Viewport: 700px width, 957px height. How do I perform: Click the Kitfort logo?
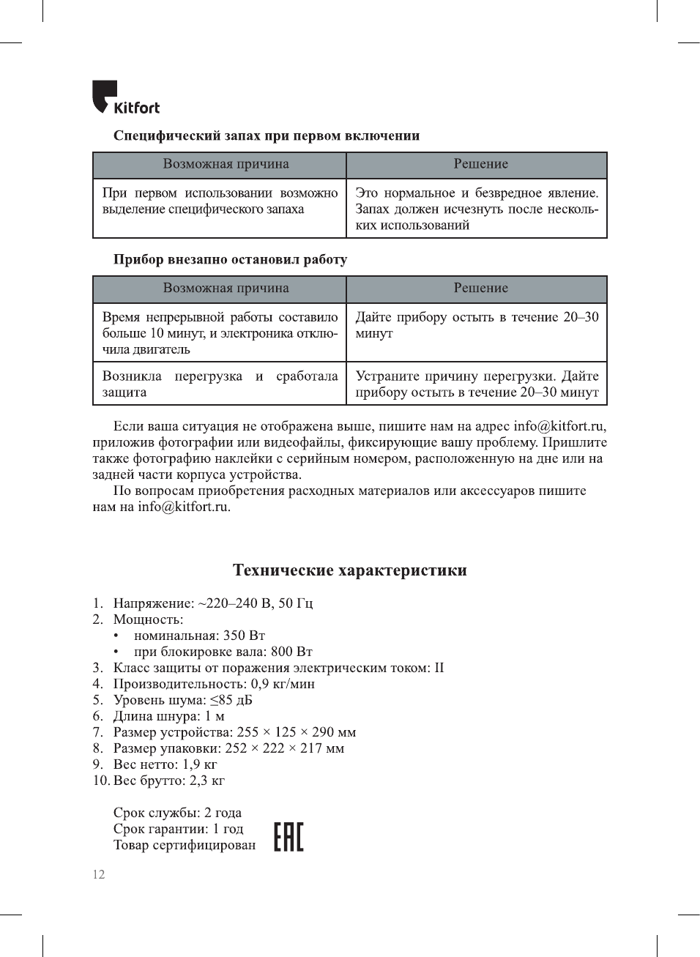click(125, 98)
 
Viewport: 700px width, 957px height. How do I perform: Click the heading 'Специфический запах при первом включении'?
click(266, 136)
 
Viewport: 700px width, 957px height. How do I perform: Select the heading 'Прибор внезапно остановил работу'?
click(230, 260)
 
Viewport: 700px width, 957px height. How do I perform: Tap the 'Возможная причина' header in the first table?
click(226, 165)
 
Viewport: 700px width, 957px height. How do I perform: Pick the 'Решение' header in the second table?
click(480, 288)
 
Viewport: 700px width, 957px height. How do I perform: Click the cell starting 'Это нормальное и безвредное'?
click(477, 209)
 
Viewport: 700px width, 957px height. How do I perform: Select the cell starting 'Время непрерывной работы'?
click(220, 333)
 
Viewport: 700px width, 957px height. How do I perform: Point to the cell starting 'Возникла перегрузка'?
click(220, 384)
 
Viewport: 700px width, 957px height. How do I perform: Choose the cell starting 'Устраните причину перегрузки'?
click(477, 384)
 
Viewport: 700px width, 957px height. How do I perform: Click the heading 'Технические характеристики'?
click(350, 570)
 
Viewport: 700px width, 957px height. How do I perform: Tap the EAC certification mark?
click(288, 836)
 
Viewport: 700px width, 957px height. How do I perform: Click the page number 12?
click(99, 874)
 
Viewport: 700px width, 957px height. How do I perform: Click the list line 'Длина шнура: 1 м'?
click(168, 716)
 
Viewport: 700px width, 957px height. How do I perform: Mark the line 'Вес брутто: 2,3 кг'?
click(168, 781)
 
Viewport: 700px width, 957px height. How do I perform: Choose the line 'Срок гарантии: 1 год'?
click(178, 829)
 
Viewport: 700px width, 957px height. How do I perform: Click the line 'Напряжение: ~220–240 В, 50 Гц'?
click(212, 603)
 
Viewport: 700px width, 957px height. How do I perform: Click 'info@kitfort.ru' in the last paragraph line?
click(184, 507)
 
